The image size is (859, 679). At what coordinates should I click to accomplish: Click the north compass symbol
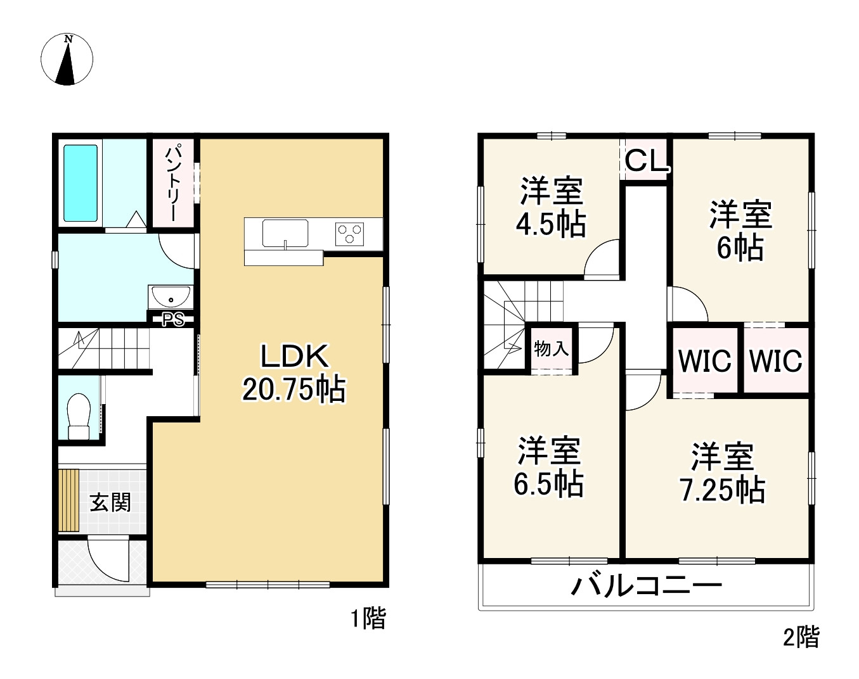[67, 60]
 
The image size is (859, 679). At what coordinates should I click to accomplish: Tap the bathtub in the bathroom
[81, 183]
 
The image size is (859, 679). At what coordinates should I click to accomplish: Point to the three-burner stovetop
[349, 233]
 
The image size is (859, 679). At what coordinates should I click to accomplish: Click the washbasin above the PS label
[171, 297]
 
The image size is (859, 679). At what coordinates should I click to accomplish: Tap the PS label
[173, 320]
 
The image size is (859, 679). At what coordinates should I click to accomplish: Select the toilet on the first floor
[80, 416]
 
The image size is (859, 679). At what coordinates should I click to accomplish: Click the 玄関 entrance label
[110, 502]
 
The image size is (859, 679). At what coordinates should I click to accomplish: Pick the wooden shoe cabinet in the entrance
[68, 500]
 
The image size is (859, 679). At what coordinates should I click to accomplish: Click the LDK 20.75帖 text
[294, 373]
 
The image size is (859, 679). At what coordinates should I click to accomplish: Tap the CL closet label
[647, 160]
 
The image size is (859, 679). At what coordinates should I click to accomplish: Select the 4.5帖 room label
[550, 208]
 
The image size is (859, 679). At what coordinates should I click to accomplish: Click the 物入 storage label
[551, 348]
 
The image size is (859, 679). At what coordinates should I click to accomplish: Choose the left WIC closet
[704, 361]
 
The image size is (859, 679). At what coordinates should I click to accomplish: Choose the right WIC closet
[776, 361]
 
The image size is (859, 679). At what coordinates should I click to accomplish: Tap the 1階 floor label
[368, 618]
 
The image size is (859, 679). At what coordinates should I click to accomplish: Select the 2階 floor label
[801, 637]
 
